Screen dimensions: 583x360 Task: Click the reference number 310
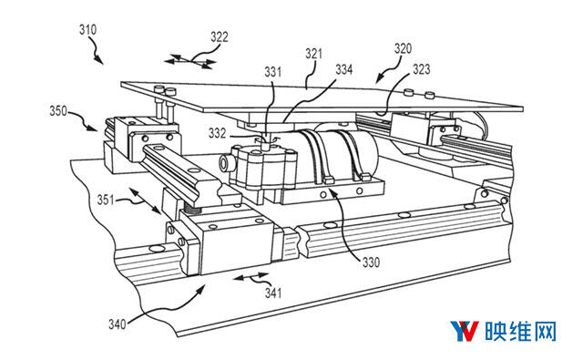click(x=87, y=30)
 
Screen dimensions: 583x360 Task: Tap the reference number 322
click(x=220, y=37)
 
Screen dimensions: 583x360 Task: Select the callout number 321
click(x=313, y=54)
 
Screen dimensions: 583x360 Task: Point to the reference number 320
click(x=403, y=48)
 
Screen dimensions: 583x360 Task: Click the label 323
click(x=421, y=69)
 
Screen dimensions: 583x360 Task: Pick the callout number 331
click(x=273, y=72)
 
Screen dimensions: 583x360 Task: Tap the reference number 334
click(x=344, y=69)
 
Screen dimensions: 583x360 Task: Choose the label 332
click(x=217, y=133)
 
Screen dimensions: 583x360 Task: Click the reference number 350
click(x=58, y=111)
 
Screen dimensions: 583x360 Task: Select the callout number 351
click(x=106, y=200)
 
